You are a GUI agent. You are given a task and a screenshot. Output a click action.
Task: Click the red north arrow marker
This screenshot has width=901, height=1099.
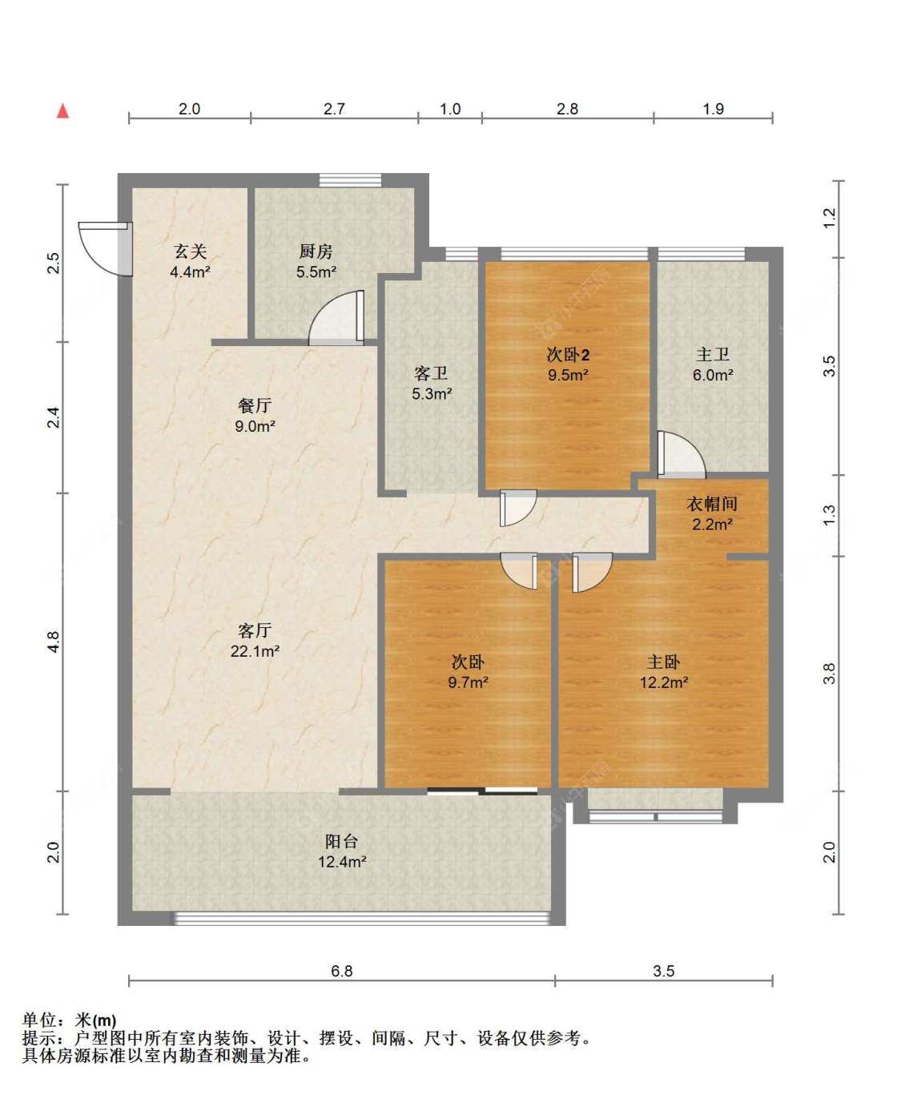tap(62, 111)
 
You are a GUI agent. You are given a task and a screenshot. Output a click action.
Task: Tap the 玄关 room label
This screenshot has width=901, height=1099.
tap(190, 252)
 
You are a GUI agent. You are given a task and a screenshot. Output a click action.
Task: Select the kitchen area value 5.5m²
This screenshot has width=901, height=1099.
tap(316, 272)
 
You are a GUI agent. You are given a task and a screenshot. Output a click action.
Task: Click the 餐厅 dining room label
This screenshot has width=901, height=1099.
tap(255, 406)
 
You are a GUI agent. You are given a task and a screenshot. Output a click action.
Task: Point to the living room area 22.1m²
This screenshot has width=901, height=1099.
tap(255, 651)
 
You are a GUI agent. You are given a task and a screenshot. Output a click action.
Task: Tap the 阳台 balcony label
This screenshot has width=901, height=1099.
tap(342, 841)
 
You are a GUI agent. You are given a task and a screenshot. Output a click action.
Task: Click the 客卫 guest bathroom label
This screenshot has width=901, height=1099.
tap(431, 373)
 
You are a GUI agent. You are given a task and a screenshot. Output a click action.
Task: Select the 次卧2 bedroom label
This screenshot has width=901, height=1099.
tap(568, 354)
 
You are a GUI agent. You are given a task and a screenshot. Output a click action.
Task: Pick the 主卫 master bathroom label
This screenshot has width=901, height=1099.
tap(712, 354)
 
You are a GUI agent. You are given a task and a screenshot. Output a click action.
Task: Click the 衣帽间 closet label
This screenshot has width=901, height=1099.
tap(712, 504)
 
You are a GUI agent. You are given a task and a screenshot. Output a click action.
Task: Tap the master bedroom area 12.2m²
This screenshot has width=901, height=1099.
tap(663, 682)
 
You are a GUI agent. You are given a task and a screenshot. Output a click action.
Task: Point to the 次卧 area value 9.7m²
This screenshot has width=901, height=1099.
tap(468, 682)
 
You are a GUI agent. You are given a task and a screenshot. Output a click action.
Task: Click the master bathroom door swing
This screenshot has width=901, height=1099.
tap(681, 454)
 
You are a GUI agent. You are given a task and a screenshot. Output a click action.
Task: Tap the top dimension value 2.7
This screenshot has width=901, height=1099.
tap(334, 109)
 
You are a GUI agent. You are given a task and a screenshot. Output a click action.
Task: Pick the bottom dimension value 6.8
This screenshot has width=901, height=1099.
tap(342, 971)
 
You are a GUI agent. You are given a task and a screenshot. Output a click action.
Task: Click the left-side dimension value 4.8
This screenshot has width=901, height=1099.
tap(53, 642)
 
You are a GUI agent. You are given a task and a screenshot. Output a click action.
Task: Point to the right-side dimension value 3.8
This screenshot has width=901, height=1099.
tap(829, 673)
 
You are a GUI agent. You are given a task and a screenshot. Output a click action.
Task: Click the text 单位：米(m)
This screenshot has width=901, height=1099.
tap(69, 1020)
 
